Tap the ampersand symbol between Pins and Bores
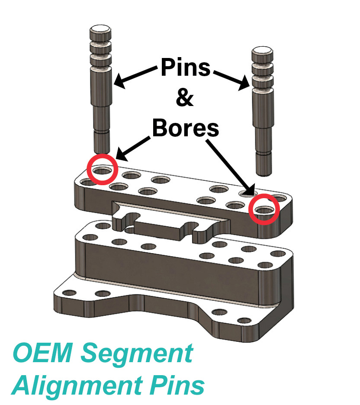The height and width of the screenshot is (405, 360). point(185,99)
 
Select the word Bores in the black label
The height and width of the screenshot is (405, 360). point(185,128)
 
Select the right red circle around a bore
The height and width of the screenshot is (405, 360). point(264,209)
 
